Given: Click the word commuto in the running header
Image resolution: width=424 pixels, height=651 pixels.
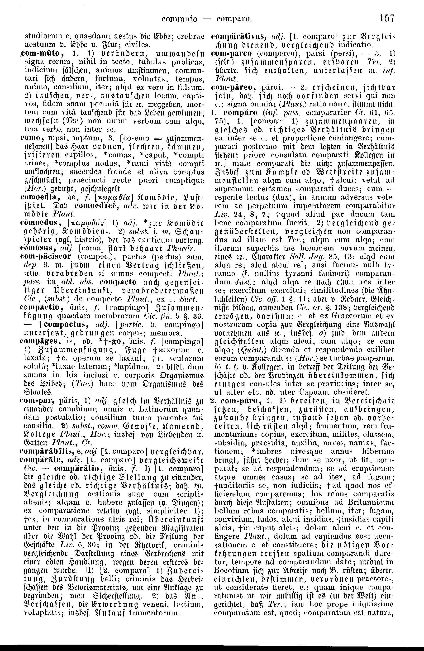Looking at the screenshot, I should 179,19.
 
